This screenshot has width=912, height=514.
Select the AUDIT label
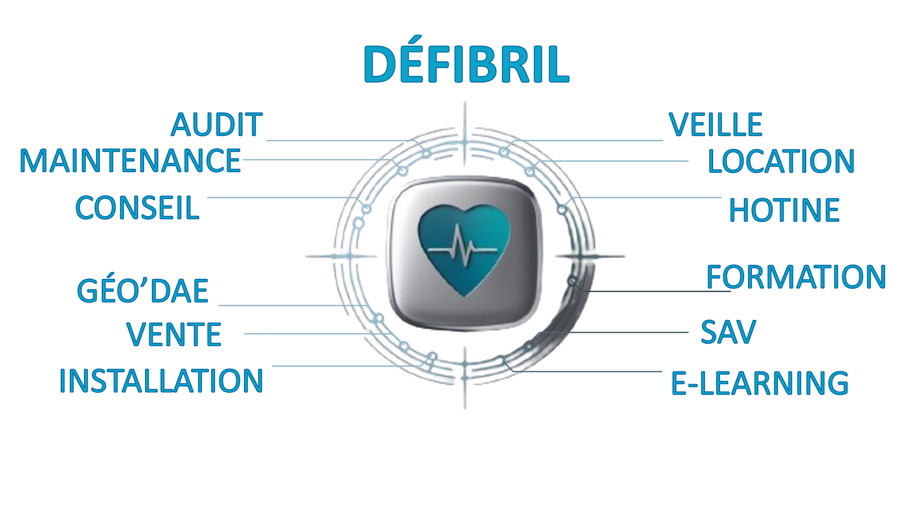(217, 124)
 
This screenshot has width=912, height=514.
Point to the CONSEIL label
(137, 208)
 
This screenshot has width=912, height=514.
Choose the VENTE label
(174, 334)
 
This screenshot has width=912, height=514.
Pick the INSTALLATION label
(161, 380)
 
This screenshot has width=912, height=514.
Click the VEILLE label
(715, 124)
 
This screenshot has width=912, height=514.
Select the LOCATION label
(781, 161)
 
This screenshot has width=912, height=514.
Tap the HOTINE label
(784, 210)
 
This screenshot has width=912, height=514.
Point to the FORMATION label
(796, 277)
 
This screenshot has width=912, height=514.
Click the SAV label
(728, 332)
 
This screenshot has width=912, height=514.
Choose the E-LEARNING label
(760, 383)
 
